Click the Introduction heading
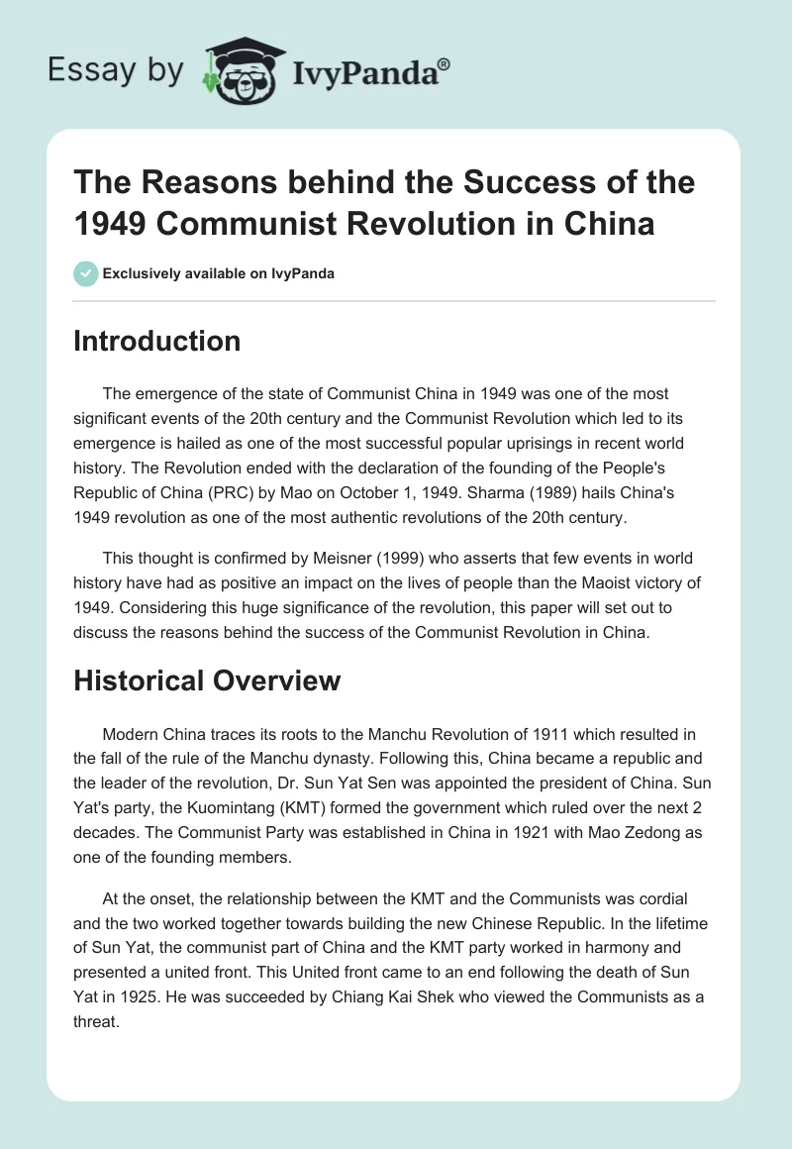pyautogui.click(x=157, y=341)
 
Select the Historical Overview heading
pyautogui.click(x=208, y=680)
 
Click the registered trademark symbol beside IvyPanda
pyautogui.click(x=445, y=64)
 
